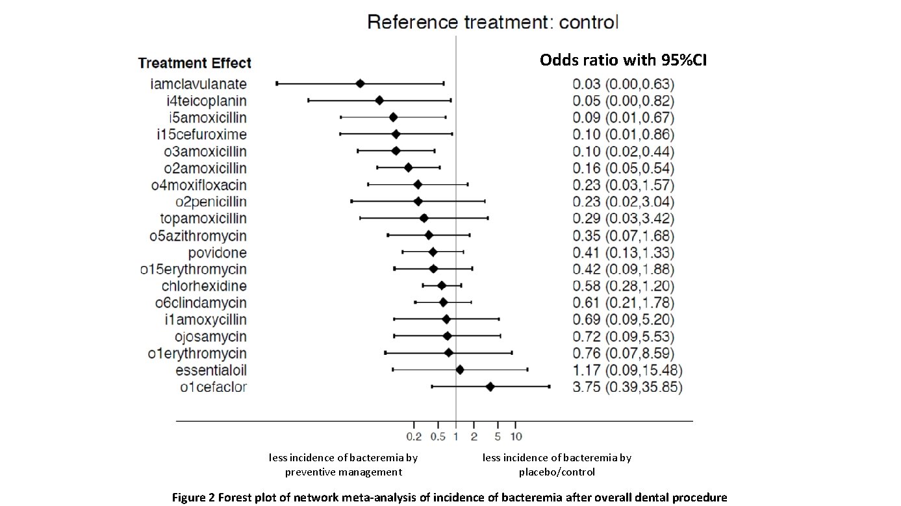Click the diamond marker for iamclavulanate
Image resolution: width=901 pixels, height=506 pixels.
pos(360,84)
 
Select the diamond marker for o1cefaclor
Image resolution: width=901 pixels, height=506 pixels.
pos(490,387)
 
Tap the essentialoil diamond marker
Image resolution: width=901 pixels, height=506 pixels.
pos(460,370)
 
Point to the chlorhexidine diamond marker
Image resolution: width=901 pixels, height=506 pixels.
pos(442,285)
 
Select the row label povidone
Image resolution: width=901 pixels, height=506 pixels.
pos(218,253)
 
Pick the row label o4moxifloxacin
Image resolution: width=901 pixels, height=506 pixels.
pos(199,186)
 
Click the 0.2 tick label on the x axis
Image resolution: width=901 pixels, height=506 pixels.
pos(414,435)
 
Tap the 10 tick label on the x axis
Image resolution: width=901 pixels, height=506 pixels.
pos(515,435)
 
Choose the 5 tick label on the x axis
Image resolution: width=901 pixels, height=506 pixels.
pos(498,435)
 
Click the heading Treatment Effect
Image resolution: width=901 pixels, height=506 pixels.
pos(195,64)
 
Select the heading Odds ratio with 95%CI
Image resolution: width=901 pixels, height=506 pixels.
pos(623,60)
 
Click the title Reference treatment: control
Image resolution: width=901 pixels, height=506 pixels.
pos(493,23)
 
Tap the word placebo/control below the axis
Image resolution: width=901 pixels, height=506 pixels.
pos(557,472)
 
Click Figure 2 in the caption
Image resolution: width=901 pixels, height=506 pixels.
pos(193,498)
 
